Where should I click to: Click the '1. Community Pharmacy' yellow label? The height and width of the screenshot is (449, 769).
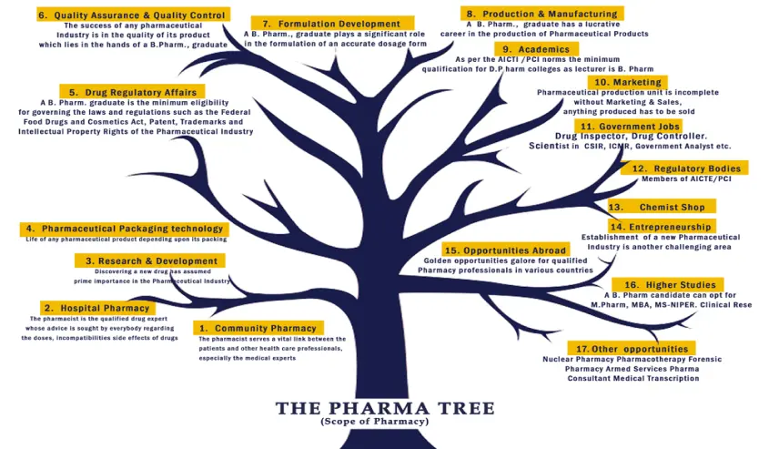pyautogui.click(x=258, y=328)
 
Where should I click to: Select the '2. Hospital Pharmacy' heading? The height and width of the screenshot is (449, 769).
pyautogui.click(x=95, y=308)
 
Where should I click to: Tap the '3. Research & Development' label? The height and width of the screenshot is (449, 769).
pyautogui.click(x=150, y=260)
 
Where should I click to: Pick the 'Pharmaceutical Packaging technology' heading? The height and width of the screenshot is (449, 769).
pyautogui.click(x=123, y=228)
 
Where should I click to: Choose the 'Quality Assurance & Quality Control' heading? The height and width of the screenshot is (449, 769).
pyautogui.click(x=131, y=15)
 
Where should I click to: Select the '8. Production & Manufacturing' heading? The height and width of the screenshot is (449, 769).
pyautogui.click(x=541, y=14)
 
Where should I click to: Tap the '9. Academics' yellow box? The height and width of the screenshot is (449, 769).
pyautogui.click(x=536, y=49)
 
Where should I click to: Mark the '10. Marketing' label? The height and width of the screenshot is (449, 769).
pyautogui.click(x=627, y=82)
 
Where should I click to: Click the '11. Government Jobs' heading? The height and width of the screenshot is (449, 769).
pyautogui.click(x=628, y=126)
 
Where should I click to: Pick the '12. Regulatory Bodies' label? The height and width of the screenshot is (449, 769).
pyautogui.click(x=684, y=168)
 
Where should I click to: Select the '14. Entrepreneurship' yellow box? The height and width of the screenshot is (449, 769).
pyautogui.click(x=662, y=226)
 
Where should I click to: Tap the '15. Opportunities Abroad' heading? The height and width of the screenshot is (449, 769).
pyautogui.click(x=505, y=250)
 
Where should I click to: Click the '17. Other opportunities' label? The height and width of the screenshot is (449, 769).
pyautogui.click(x=632, y=349)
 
